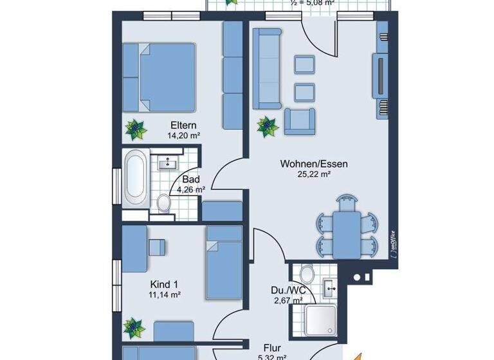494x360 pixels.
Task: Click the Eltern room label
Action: pos(183,125)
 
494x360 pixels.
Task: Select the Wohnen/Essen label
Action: pos(314,164)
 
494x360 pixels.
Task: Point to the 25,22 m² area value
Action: pos(314,174)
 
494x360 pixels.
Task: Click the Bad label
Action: pos(190,179)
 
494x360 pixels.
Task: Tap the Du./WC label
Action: pos(287,290)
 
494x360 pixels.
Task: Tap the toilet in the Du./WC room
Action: pos(307,275)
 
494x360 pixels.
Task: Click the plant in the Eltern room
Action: pos(135,130)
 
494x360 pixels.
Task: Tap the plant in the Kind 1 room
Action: pos(134,327)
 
